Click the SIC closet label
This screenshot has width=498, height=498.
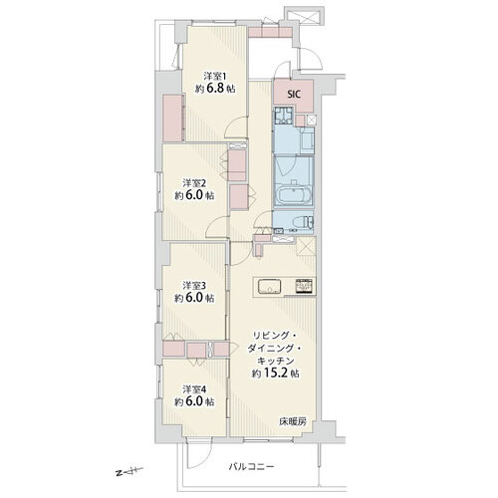coord(294,95)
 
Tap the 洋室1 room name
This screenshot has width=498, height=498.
coord(214,77)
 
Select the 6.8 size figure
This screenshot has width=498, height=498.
coord(216,89)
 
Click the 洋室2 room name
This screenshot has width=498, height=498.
coord(194,183)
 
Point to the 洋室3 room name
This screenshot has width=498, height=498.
coord(194,285)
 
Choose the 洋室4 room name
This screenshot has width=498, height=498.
coord(194,388)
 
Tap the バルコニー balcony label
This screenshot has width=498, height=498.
coord(251,467)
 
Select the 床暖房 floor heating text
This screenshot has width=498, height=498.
coord(293,422)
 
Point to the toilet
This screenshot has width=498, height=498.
coord(301,222)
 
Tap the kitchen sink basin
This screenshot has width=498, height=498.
coord(269,286)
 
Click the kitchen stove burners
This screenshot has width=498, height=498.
coord(304,286)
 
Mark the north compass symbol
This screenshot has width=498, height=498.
coord(128,471)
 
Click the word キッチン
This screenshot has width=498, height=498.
coord(275,361)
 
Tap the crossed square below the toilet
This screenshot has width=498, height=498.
coord(305,246)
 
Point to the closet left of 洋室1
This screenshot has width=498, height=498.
coord(172,118)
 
